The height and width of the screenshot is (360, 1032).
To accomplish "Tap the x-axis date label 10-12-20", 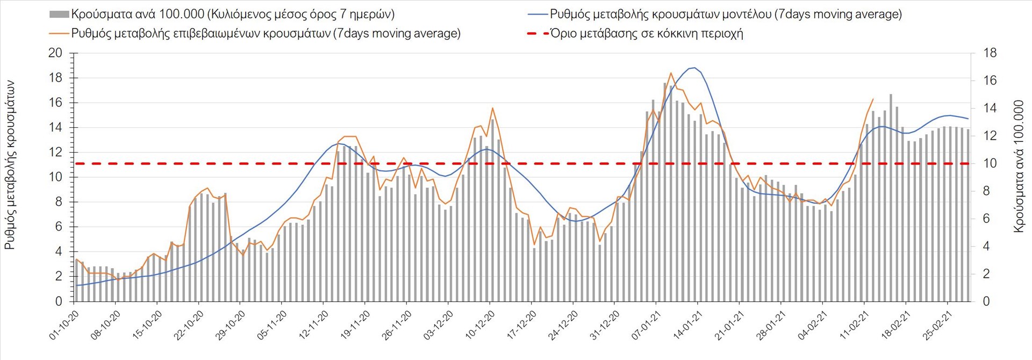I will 480,325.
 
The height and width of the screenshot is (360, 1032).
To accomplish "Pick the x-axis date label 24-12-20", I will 563,325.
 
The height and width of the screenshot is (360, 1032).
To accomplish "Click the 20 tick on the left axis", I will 55,53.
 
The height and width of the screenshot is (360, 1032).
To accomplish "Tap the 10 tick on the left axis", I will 55,177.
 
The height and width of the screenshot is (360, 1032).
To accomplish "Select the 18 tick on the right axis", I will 990,53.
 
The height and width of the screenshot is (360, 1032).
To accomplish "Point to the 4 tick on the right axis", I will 986,246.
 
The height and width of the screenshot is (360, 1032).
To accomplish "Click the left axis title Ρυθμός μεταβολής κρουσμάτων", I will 10,165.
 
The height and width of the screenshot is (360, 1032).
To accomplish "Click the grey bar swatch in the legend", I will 59,14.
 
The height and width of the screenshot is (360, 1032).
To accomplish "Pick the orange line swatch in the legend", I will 59,33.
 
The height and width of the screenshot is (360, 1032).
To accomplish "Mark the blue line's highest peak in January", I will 694,68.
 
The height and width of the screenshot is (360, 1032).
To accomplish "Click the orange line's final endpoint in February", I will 873,99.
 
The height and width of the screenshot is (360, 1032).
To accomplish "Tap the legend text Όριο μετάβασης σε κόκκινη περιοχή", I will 647,33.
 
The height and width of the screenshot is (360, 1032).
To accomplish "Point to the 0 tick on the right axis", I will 986,301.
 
